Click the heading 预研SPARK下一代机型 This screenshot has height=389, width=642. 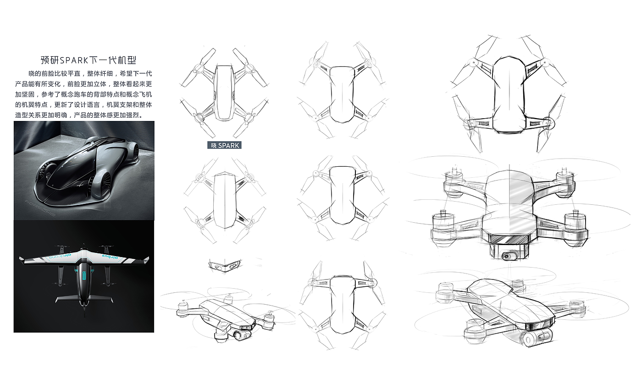coord(89,60)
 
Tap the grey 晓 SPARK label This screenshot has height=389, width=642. coord(224,145)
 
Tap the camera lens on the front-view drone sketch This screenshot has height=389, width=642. coord(509,256)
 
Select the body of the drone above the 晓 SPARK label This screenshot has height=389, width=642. coord(224,92)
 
